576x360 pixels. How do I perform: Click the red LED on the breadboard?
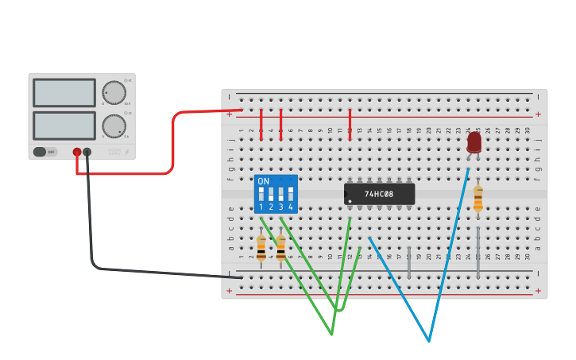pos(474,141)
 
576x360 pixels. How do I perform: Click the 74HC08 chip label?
pos(379,194)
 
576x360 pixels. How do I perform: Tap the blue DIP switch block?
pos(276,194)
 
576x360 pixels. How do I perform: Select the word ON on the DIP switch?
pos(263,181)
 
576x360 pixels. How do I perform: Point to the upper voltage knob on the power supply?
pos(114,92)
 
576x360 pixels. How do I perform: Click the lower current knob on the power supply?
pos(114,126)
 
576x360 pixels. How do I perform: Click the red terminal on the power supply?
pos(77,152)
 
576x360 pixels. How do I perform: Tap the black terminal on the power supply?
pos(87,152)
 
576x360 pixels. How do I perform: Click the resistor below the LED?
pos(477,199)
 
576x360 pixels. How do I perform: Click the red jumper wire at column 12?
pos(350,125)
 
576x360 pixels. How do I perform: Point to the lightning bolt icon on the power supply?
pos(126,152)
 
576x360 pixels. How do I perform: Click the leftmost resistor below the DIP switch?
pos(261,247)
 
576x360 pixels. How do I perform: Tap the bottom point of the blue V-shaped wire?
pos(429,341)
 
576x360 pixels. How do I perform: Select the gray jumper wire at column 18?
pos(409,262)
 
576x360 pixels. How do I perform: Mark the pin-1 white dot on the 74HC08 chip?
pos(350,201)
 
